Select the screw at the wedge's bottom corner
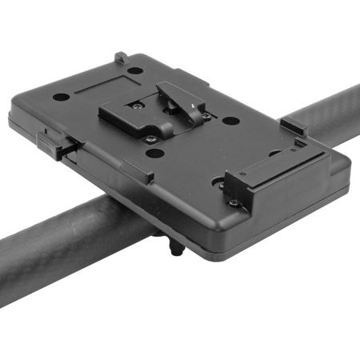coord(150,139)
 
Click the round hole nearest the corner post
coord(135,70)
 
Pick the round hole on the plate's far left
coord(61,97)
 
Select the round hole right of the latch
coord(230,122)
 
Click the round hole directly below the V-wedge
coord(156,153)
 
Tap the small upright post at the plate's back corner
coord(120,58)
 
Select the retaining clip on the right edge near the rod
coord(293,126)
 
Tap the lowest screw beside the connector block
coord(233,202)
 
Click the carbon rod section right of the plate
coord(324,120)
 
